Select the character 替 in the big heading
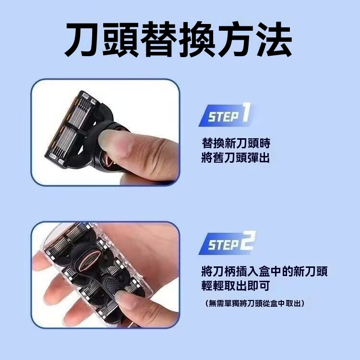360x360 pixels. (159, 39)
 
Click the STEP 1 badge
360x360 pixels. (225, 115)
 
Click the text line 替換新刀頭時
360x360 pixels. (236, 143)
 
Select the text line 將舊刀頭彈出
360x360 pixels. (235, 158)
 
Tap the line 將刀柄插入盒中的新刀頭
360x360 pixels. (264, 271)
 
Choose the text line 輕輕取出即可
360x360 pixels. (235, 286)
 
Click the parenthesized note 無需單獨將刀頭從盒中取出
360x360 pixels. (255, 303)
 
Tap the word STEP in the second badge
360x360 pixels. (223, 245)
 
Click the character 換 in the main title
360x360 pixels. (196, 39)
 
